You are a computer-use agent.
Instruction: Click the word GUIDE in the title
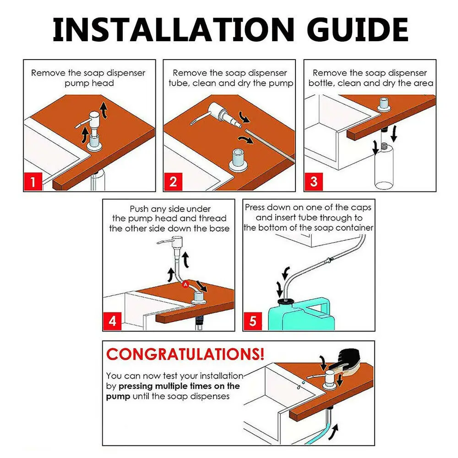357,29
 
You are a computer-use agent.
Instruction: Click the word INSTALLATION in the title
174,29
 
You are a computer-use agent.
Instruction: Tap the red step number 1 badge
33,181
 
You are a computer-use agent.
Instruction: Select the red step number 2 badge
173,181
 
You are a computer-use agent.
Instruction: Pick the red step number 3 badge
314,181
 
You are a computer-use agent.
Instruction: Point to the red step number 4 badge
112,322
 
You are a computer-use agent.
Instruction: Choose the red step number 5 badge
253,322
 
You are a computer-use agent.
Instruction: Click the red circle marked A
185,284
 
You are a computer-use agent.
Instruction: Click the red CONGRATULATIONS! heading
185,354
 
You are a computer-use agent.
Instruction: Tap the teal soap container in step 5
301,315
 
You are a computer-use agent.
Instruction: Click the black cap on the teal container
286,301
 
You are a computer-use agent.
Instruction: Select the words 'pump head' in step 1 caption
89,83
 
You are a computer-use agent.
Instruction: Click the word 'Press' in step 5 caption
254,207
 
